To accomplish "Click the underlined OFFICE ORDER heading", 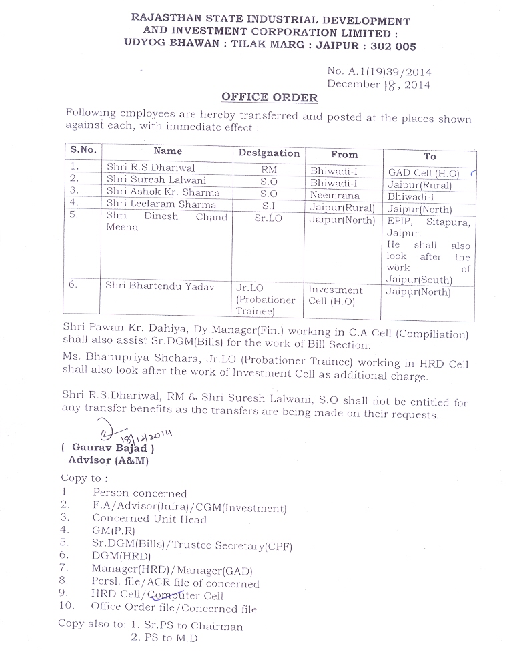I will point(270,97).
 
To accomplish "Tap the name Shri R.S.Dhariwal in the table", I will point(150,168).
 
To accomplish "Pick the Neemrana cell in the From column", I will point(335,196).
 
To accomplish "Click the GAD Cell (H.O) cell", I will point(424,172).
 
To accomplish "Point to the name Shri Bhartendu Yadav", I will point(160,286).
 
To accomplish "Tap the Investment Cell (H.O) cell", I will point(335,296).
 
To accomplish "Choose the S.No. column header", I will point(83,151).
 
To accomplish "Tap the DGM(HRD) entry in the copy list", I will point(121,555).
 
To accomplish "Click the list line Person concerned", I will point(139,493).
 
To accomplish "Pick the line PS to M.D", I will point(163,637).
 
